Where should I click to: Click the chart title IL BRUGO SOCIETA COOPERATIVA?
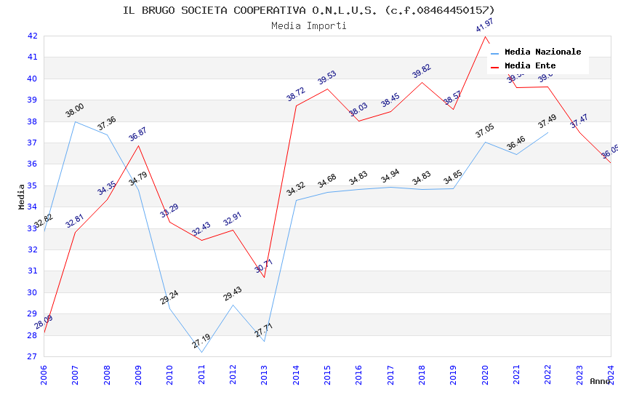pyautogui.click(x=308, y=10)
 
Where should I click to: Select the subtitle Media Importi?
pyautogui.click(x=308, y=25)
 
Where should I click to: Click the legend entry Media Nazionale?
pyautogui.click(x=542, y=52)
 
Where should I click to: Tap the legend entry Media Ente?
pyautogui.click(x=529, y=65)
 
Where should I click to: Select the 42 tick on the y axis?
pyautogui.click(x=32, y=36)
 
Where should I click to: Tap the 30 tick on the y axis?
pyautogui.click(x=32, y=292)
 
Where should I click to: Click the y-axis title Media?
pyautogui.click(x=22, y=196)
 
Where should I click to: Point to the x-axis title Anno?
pyautogui.click(x=600, y=381)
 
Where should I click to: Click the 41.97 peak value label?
pyautogui.click(x=484, y=26)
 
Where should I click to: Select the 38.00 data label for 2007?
pyautogui.click(x=75, y=111)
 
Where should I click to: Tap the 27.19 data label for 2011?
pyautogui.click(x=201, y=341)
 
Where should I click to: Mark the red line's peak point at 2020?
pyautogui.click(x=485, y=36)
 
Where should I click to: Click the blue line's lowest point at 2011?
pyautogui.click(x=201, y=352)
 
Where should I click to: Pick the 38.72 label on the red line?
pyautogui.click(x=295, y=94)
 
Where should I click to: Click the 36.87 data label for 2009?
pyautogui.click(x=137, y=134)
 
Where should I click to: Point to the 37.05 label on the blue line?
pyautogui.click(x=484, y=131)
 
